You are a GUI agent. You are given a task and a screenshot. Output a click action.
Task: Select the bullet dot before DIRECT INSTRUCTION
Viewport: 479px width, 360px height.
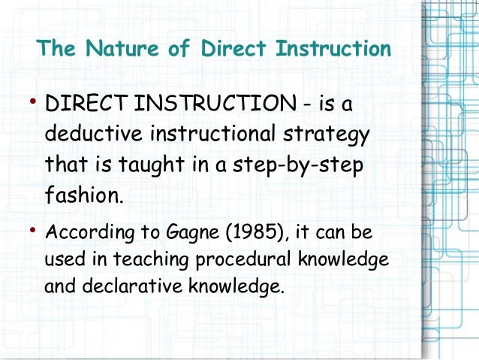(x=34, y=102)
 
